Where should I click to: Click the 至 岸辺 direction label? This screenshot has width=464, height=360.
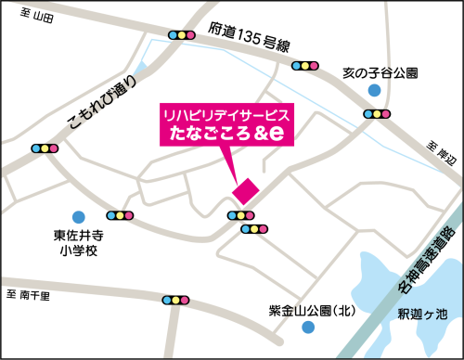click(443, 154)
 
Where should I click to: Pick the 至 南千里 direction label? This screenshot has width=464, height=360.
click(29, 294)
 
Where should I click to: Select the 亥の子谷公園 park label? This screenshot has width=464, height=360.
click(380, 71)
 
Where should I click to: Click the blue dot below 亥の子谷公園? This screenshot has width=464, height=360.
click(373, 90)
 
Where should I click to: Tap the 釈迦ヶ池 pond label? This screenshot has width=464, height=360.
click(422, 314)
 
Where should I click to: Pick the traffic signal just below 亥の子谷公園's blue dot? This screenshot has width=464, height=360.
click(377, 114)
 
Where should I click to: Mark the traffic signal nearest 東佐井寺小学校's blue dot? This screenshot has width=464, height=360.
click(121, 216)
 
